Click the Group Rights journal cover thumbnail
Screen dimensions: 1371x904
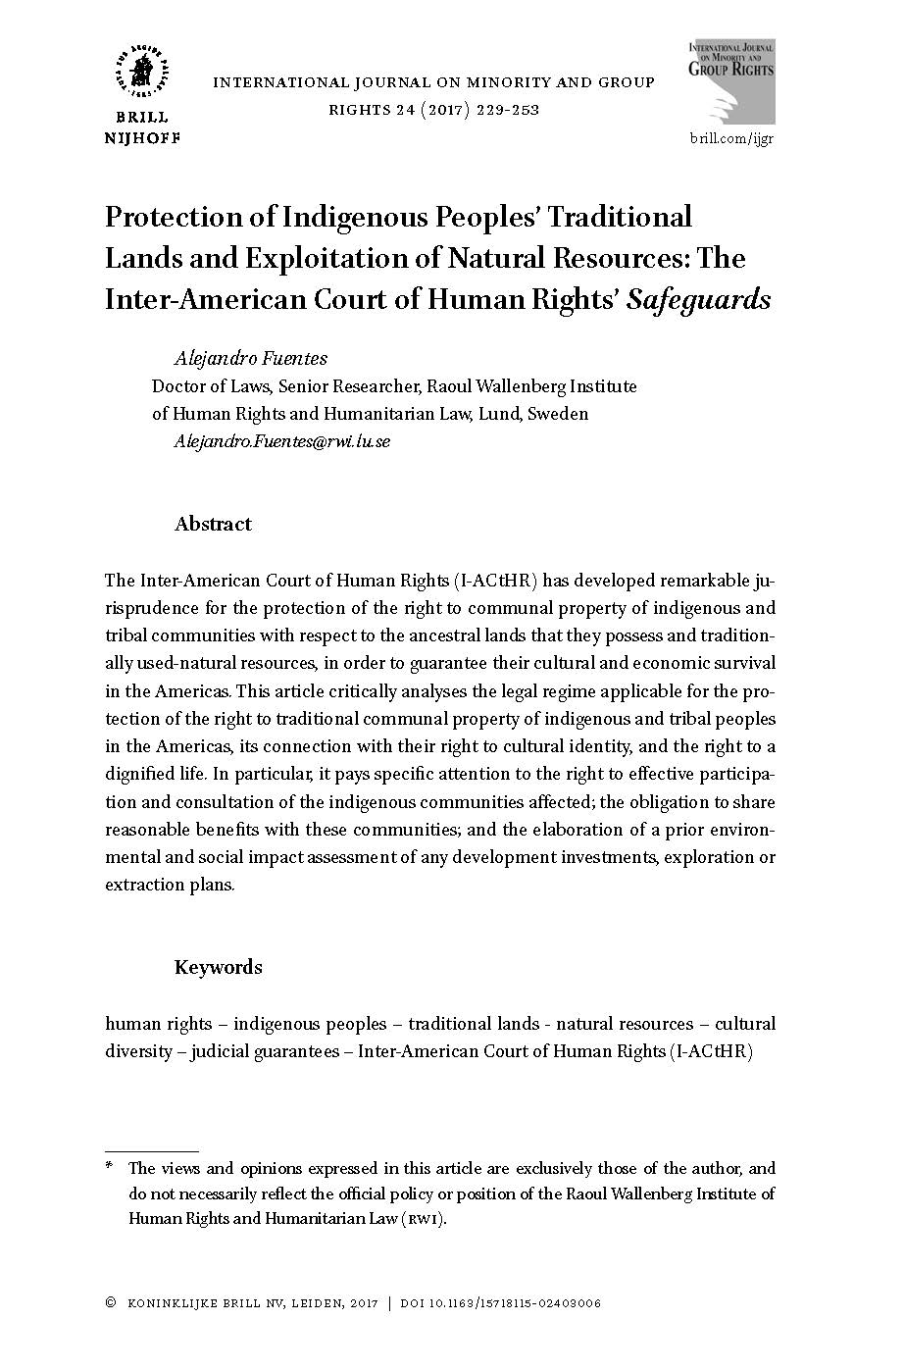[731, 83]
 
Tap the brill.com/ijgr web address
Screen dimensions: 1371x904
[731, 138]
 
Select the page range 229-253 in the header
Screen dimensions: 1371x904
[509, 109]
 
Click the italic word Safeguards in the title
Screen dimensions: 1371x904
[699, 298]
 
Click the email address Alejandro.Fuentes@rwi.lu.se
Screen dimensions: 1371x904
[282, 440]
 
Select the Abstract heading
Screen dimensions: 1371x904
[213, 524]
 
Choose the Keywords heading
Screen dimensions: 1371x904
[218, 967]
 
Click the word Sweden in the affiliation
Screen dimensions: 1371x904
[558, 413]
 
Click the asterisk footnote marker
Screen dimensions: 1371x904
[110, 1168]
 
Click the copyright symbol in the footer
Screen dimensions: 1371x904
[110, 1303]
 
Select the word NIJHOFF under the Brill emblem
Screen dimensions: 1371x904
[143, 137]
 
